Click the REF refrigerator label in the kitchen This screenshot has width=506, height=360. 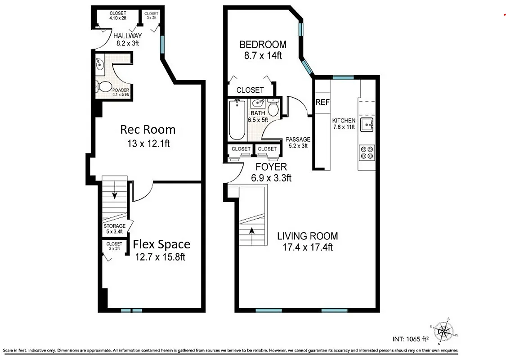coord(322,103)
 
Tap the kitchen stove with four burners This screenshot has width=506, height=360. coord(367,153)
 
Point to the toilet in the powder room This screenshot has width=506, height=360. coord(105,86)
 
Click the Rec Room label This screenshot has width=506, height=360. coord(148,130)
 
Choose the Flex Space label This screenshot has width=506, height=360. coord(161,244)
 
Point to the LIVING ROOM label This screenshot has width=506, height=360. coord(307,236)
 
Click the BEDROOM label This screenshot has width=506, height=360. coord(263,45)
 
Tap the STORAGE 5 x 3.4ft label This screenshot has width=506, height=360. coord(114,229)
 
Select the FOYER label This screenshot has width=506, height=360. coord(271,167)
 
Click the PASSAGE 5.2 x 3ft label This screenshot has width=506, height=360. coord(298,142)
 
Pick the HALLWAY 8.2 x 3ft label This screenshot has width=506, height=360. coord(127,39)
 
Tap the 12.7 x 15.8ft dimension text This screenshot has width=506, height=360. coord(161,257)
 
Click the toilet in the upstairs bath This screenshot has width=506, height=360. coord(273,109)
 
